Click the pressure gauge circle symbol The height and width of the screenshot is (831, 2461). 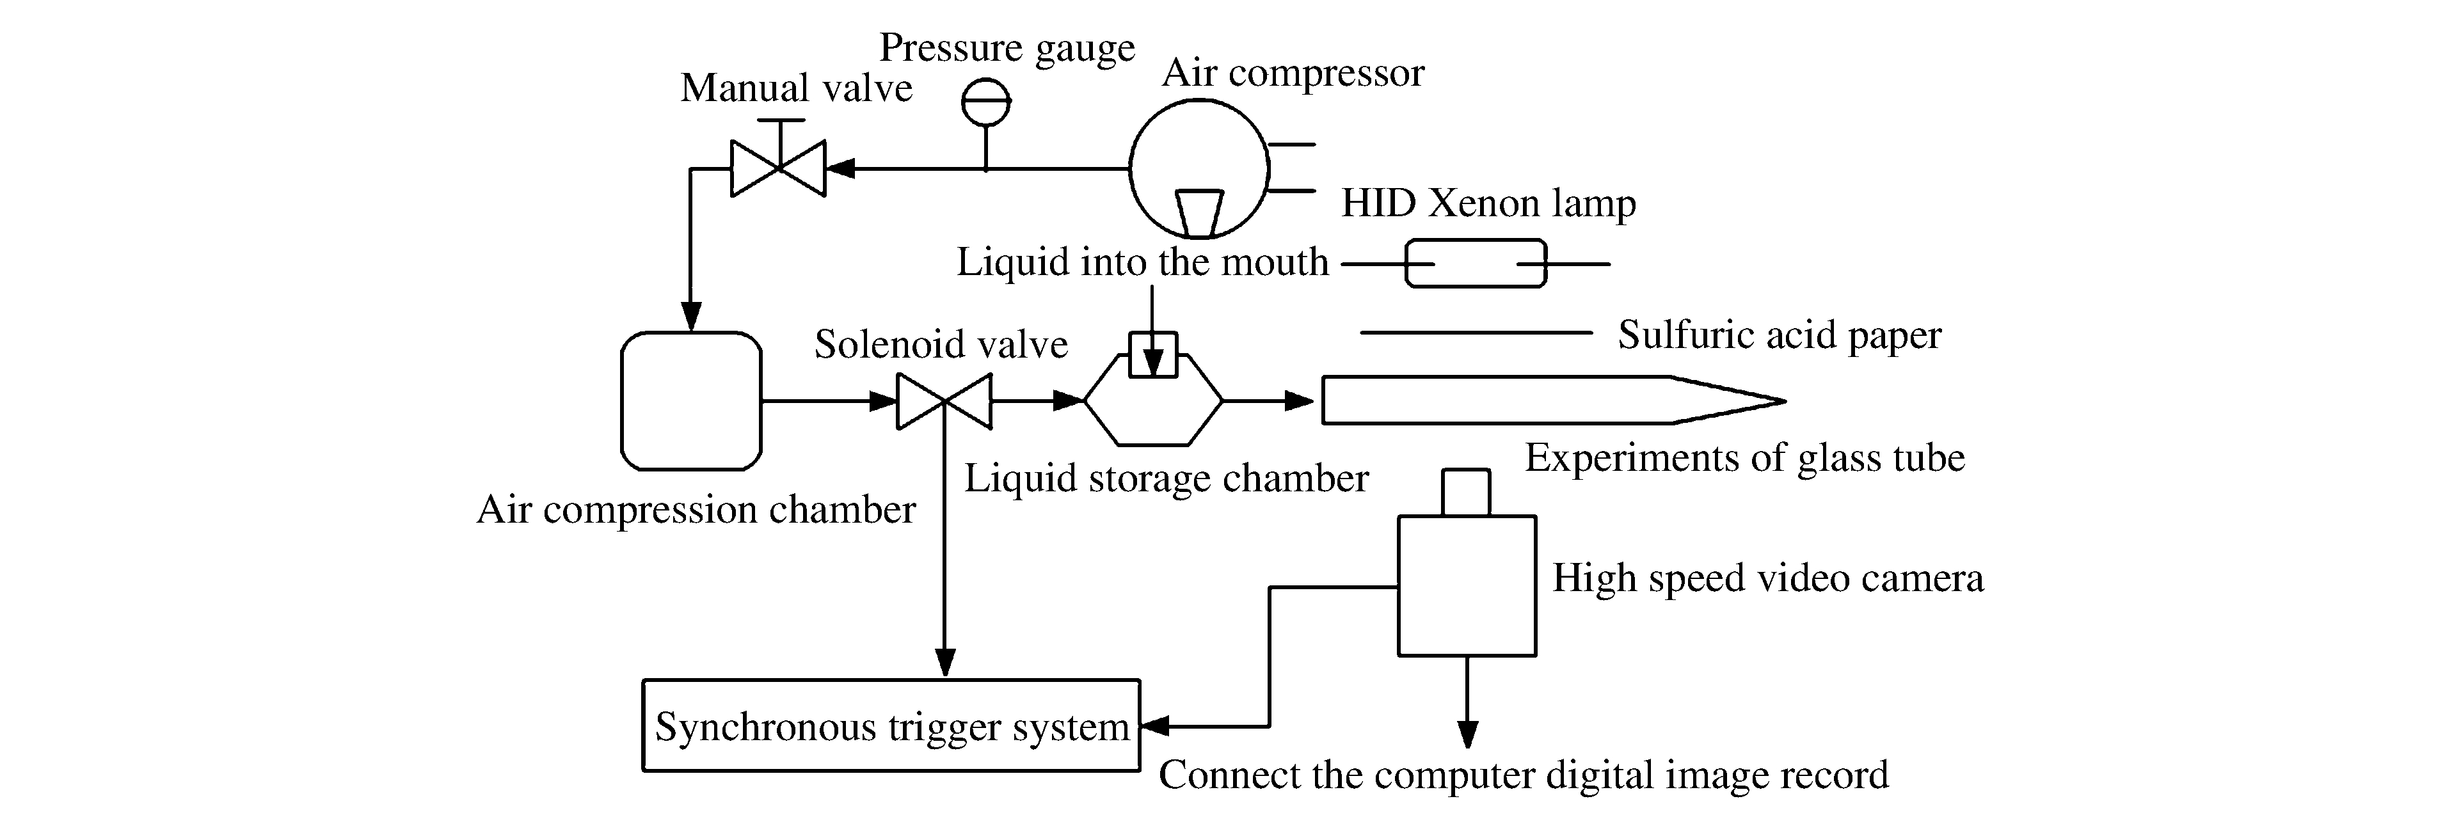click(986, 101)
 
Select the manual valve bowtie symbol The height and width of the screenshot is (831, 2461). click(777, 169)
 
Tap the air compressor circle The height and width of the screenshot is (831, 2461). click(1199, 169)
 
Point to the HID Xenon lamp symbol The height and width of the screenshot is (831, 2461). click(1475, 264)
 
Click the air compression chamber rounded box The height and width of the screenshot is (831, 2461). click(690, 401)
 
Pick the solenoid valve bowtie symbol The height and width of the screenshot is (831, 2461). click(944, 401)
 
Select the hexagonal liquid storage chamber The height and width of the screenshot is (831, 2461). click(1153, 401)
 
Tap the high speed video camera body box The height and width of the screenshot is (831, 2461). click(1467, 585)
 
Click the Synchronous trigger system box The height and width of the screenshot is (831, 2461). click(890, 726)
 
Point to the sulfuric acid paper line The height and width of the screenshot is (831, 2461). click(1476, 333)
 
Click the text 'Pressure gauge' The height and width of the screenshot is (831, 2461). click(1007, 48)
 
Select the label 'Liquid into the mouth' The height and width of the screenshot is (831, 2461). click(1143, 262)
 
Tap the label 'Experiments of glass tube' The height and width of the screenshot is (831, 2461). click(1744, 457)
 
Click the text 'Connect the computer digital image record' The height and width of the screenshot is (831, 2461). click(1524, 775)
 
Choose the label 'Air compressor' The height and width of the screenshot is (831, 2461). click(1293, 72)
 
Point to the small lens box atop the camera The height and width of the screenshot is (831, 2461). click(1465, 492)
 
